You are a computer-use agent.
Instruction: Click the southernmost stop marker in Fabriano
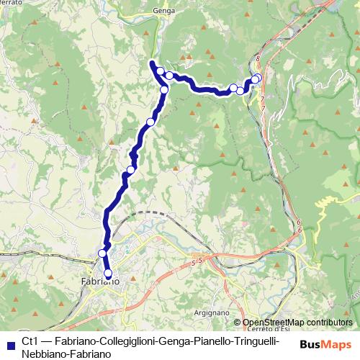coord(109,274)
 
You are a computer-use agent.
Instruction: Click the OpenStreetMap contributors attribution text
coord(297,323)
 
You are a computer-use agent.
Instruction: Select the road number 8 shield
coord(257,57)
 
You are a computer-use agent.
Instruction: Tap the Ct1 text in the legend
coord(30,341)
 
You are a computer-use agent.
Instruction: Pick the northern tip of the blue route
coord(152,63)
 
